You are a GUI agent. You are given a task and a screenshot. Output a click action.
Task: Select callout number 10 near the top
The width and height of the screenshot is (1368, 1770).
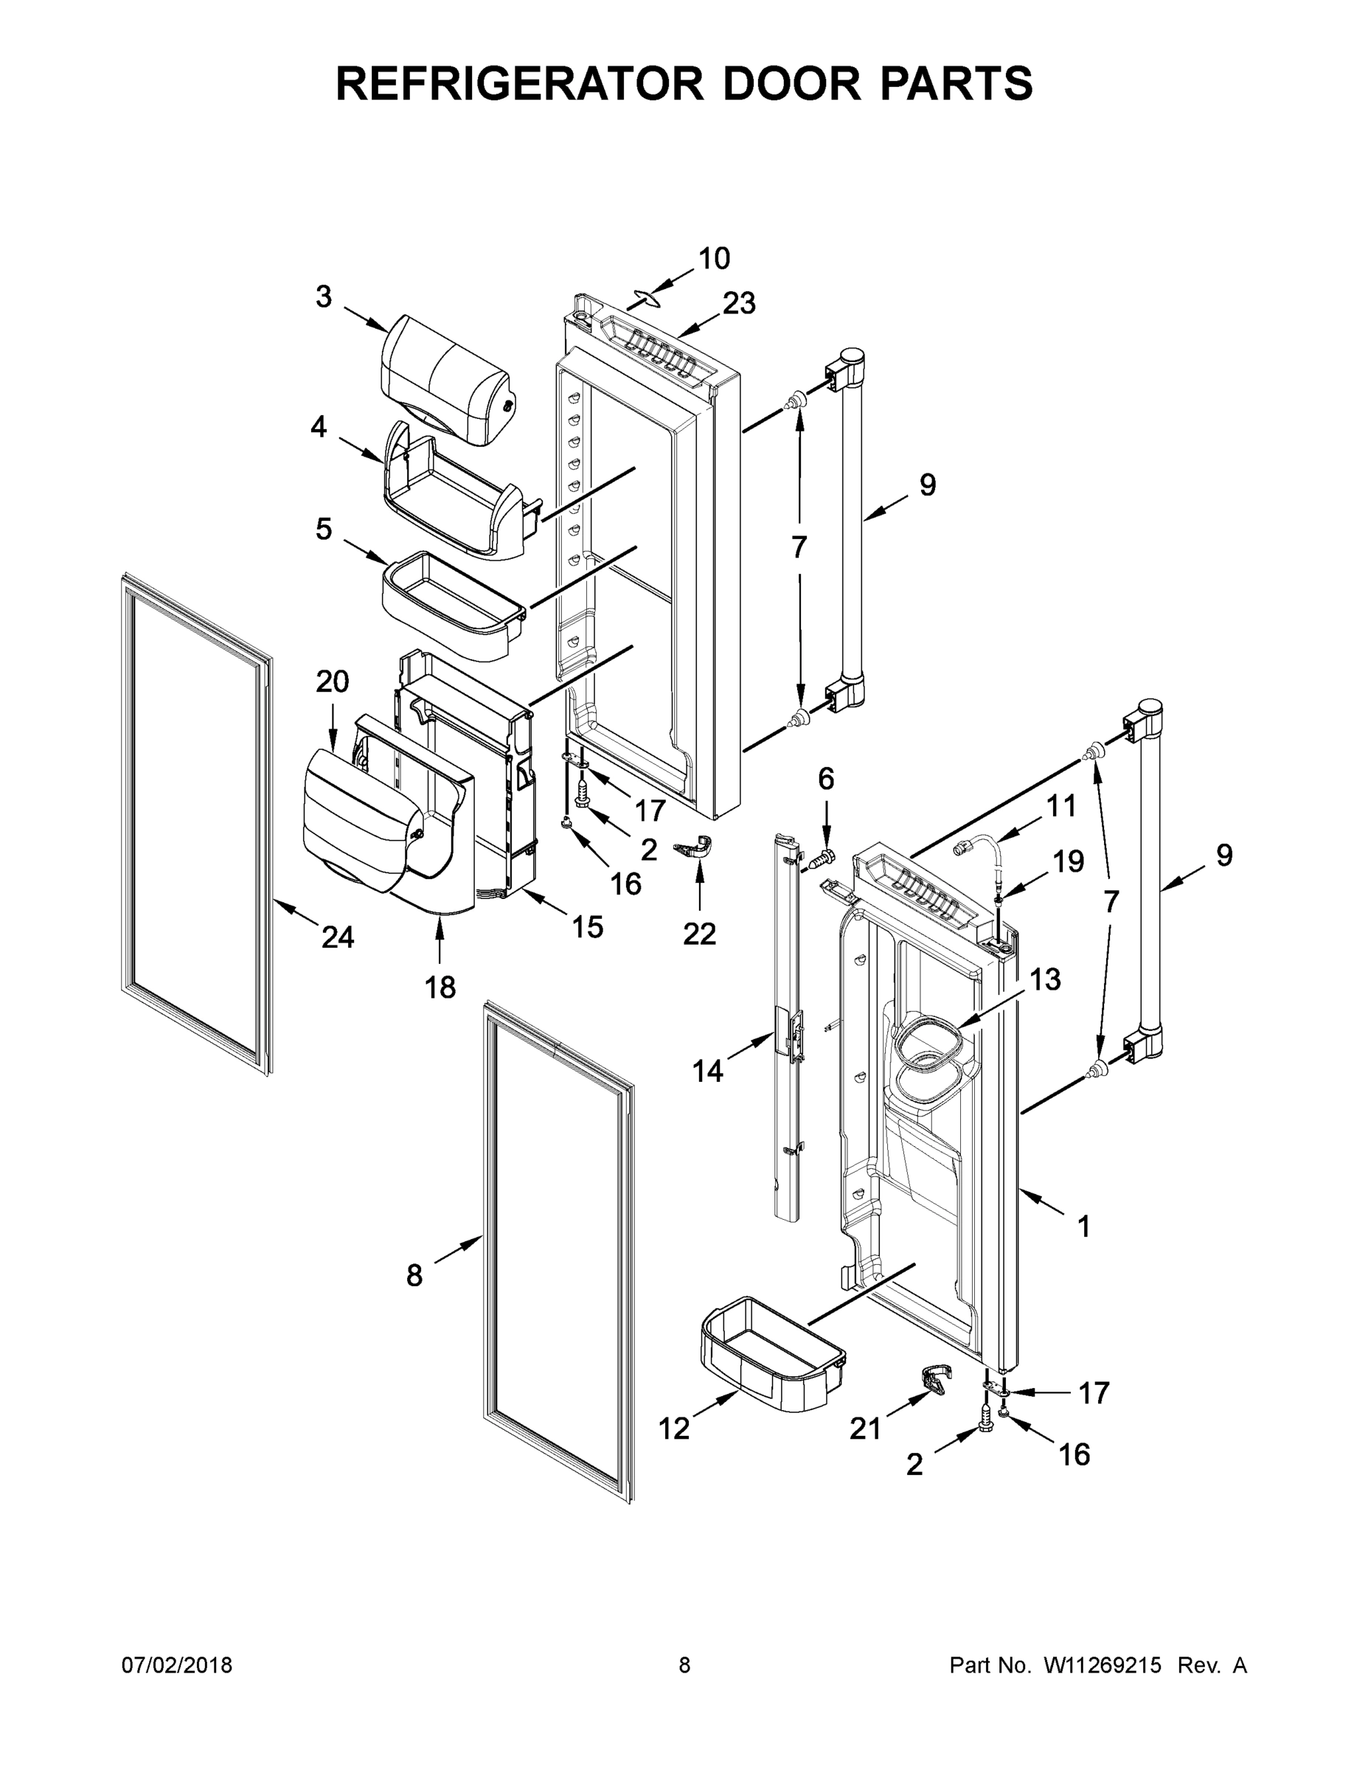(x=714, y=259)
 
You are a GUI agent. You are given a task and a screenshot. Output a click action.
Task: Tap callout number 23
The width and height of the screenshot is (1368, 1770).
(x=738, y=303)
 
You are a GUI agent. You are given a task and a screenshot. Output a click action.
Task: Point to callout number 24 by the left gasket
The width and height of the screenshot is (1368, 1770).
(x=337, y=937)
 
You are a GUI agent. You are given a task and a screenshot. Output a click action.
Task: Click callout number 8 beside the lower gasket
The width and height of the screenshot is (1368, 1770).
(x=414, y=1277)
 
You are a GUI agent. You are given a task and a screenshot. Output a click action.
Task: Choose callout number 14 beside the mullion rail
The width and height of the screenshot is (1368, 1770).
(x=706, y=1072)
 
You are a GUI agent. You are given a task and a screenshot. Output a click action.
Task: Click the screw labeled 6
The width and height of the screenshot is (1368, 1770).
(x=824, y=855)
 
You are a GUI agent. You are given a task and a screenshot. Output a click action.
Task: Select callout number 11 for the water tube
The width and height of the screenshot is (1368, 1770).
(x=1061, y=805)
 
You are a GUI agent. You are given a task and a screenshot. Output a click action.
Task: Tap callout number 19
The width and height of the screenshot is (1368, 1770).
(x=1068, y=861)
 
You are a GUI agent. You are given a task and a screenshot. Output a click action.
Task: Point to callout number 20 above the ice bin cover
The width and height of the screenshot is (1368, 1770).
(x=333, y=681)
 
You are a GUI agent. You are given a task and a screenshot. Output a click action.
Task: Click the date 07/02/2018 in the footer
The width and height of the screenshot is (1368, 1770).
(x=177, y=1666)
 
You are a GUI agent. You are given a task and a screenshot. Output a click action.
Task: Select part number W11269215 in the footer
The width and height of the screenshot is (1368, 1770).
(x=1103, y=1666)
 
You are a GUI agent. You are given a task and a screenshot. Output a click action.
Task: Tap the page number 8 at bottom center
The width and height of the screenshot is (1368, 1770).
(x=684, y=1666)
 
